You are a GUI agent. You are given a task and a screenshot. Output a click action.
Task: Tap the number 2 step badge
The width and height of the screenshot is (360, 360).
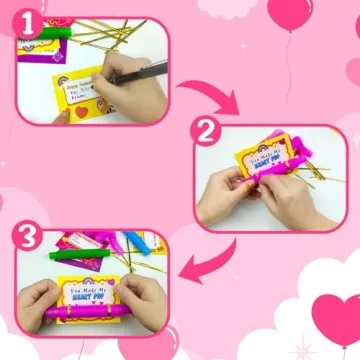click(205, 132)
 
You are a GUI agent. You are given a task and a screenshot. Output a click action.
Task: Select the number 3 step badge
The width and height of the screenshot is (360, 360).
click(27, 237)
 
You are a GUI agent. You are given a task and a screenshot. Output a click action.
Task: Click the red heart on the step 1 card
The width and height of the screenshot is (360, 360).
click(81, 112)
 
